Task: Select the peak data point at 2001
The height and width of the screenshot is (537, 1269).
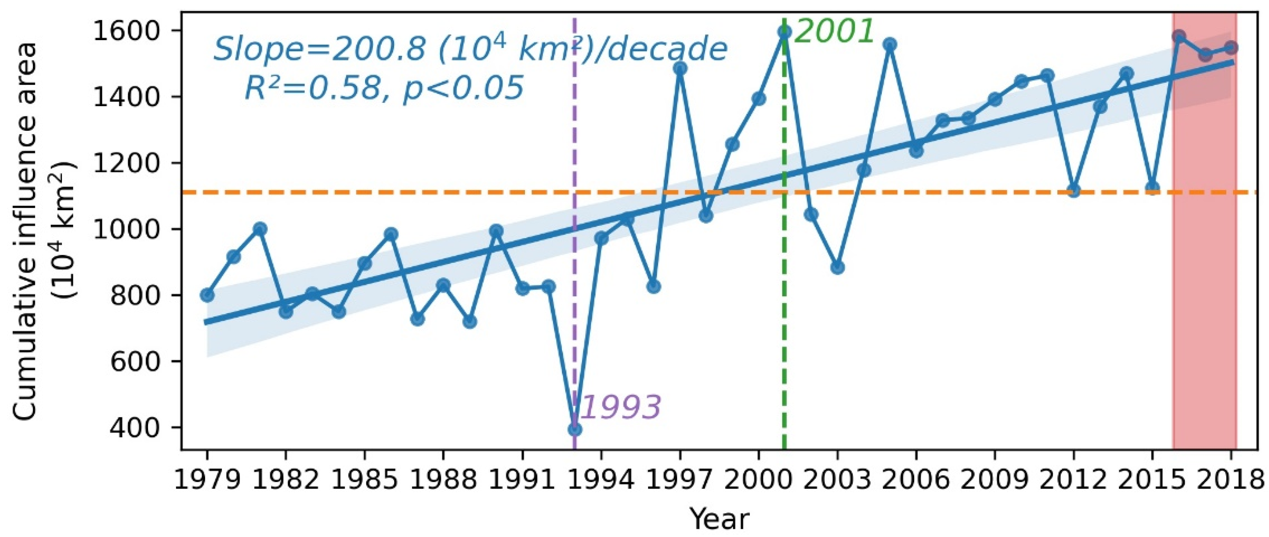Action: [x=785, y=32]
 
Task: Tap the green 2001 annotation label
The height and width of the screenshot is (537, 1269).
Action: [x=835, y=32]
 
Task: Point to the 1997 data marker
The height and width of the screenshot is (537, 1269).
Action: [x=680, y=68]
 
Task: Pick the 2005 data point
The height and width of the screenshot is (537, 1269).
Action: [x=890, y=45]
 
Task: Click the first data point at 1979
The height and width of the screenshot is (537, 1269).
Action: [x=208, y=295]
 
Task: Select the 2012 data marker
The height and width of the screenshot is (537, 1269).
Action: [x=1074, y=191]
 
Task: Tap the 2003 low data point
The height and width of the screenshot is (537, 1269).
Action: [x=838, y=267]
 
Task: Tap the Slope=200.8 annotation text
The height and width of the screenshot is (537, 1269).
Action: [x=470, y=50]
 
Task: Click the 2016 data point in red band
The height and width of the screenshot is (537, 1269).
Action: [x=1179, y=37]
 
